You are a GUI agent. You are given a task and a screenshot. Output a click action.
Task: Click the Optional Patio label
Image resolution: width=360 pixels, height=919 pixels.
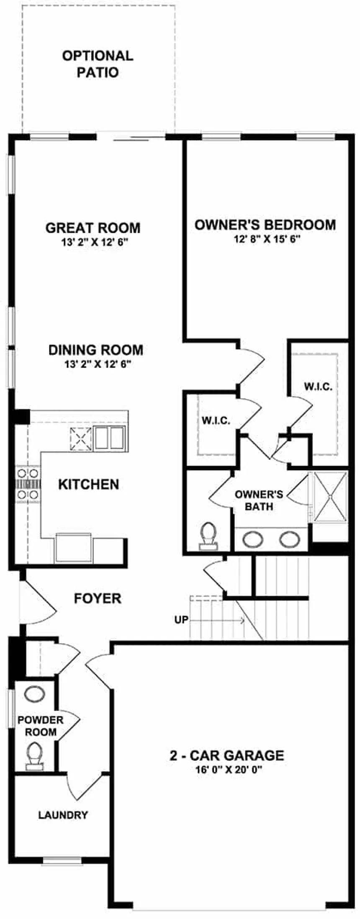[98, 64]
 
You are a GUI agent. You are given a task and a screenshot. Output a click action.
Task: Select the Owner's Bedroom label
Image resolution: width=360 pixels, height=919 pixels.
[265, 225]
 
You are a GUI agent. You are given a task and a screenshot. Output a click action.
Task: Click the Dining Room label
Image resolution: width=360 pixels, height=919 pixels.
[96, 350]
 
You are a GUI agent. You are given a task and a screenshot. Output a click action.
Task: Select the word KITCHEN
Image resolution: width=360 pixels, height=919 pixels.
[88, 484]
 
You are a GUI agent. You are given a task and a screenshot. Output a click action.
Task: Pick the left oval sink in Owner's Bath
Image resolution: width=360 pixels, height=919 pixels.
[253, 539]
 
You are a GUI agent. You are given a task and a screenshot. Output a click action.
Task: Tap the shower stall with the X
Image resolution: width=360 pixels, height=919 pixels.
[331, 496]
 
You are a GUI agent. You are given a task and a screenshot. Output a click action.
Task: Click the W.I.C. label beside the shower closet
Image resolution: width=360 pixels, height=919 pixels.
[318, 387]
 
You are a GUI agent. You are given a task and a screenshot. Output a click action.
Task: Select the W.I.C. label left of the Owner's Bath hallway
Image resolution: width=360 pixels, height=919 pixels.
[216, 421]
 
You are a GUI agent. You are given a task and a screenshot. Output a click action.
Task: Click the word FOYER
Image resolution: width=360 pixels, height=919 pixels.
[98, 598]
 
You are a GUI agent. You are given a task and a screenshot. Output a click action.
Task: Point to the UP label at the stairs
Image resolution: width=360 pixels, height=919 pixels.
[181, 620]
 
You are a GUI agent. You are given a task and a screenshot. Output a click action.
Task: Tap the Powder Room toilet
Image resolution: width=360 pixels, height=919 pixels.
[34, 757]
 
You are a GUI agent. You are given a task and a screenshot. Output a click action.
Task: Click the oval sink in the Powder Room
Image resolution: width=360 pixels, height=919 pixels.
[34, 694]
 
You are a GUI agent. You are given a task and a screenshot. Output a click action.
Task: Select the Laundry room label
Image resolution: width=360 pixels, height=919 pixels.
[63, 815]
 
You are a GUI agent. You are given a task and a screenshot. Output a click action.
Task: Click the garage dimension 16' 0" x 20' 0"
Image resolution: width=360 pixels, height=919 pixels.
[226, 769]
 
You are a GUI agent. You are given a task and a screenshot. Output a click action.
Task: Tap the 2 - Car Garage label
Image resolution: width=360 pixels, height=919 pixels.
[226, 755]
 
